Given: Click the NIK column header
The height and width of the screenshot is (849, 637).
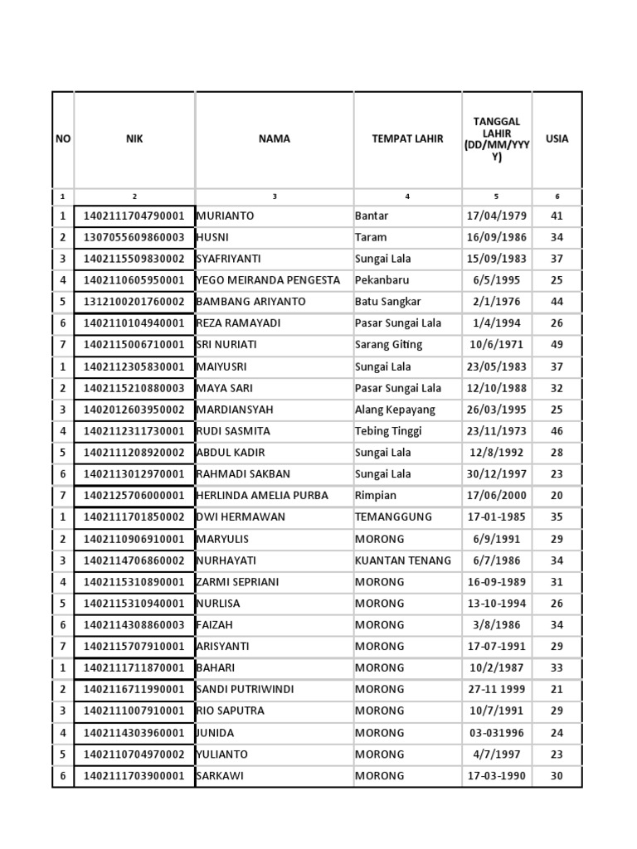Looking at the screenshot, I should point(134,139).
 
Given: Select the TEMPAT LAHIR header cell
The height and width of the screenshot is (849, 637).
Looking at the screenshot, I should point(407,139).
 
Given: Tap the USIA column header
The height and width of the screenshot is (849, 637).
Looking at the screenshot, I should point(557,139).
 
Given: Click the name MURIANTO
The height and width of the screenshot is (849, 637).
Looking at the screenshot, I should point(226,216).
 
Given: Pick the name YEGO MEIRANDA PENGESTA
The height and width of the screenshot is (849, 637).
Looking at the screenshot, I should point(268,280).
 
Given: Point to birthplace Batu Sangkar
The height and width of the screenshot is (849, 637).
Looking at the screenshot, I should point(388,302).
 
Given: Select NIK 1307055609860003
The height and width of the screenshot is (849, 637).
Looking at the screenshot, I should point(134,237).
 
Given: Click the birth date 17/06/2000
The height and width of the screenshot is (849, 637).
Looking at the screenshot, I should point(497,496).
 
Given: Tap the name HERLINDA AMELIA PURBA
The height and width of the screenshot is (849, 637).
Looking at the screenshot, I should point(262,496).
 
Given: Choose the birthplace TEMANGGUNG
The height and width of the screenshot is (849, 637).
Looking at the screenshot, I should point(394,517).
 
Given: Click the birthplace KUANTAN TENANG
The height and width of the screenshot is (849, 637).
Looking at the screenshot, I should point(403,560).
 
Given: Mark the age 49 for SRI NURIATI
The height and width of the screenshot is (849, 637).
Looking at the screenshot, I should point(557,345).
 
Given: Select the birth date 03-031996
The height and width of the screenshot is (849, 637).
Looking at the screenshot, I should point(497,733).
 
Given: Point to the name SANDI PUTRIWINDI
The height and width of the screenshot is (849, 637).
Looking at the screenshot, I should point(245,690).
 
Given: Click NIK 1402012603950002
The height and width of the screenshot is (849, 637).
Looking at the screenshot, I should point(134,410).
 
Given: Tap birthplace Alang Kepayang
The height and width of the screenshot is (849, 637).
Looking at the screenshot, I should point(395,410).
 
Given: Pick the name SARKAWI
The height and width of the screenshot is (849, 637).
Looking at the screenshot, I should point(221,776).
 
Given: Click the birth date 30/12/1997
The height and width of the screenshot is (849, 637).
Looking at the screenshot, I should point(497,474).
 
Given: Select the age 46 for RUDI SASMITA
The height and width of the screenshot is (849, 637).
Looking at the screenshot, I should point(557,431).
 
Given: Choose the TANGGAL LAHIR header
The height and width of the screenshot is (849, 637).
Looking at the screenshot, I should point(497,139).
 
